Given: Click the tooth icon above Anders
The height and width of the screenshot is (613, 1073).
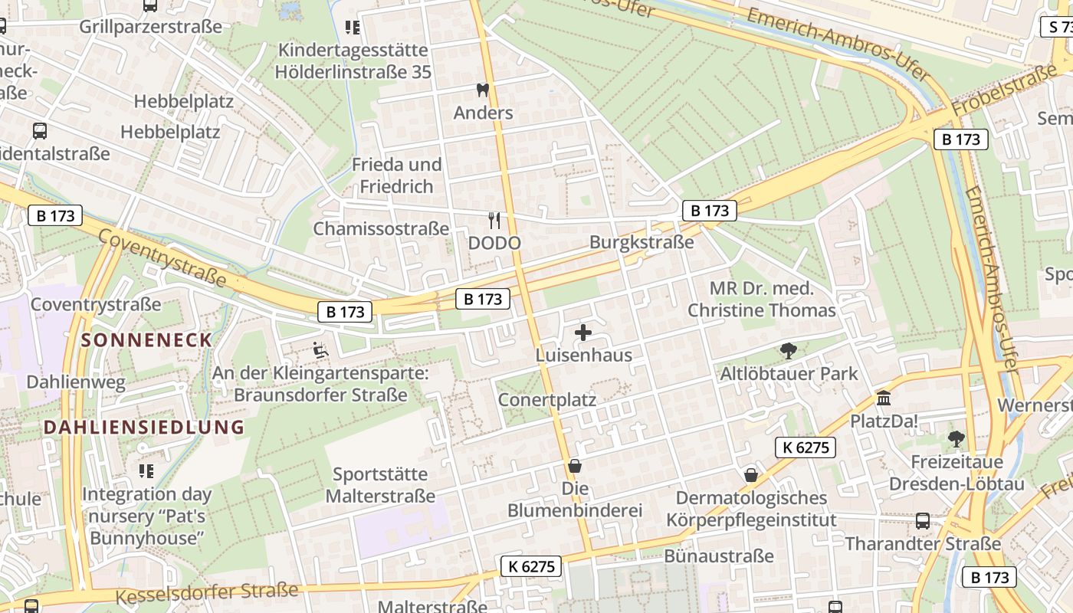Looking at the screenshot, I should pos(482,90).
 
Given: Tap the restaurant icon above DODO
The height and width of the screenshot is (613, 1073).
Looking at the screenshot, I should pos(494,221).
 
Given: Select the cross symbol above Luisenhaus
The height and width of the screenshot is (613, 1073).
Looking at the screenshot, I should pos(583,333).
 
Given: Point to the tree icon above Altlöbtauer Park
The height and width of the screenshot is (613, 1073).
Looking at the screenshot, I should pos(788,351).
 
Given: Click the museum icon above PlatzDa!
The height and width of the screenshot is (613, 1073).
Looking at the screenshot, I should pos(884,398).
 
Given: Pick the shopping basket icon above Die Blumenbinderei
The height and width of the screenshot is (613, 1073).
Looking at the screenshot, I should pos(575,466).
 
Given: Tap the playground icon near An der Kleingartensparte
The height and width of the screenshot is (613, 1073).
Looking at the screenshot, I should pos(320,351).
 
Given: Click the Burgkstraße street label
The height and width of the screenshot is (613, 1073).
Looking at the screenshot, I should pos(641,242).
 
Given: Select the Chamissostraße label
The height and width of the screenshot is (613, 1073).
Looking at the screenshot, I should pos(381,228).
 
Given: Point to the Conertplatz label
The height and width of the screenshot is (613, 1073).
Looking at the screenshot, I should pos(546,400).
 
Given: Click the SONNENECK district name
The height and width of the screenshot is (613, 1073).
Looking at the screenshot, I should pos(146,340).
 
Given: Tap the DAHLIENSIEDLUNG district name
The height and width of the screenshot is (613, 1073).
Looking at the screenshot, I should pos(143,428).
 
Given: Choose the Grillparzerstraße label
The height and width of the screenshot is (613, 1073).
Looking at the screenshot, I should pos(150,27).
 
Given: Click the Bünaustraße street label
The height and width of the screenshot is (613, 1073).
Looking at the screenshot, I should pos(719,556).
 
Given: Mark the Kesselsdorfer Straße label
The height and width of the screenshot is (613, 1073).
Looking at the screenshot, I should pos(206,592).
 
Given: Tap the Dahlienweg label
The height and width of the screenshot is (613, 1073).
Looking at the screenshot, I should pos(76,382).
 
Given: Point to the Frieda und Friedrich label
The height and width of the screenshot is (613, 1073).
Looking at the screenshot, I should pos(396,175).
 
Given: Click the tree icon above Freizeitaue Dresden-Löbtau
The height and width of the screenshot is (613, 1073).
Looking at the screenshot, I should pos(956,439).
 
